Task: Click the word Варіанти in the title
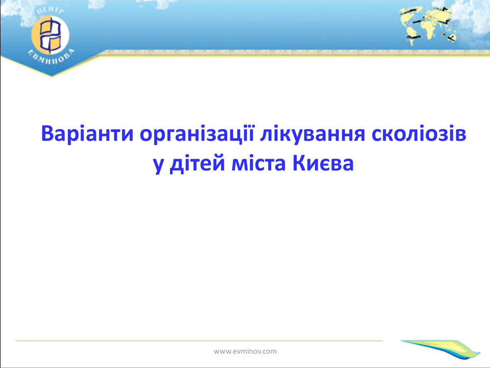[x=87, y=133]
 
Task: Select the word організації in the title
[x=196, y=134]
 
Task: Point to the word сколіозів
[x=419, y=133]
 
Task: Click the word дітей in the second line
[x=197, y=164]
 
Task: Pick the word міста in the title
[x=258, y=163]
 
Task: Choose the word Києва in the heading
[x=323, y=163]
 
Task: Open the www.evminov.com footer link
[x=245, y=351]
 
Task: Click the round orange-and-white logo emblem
[x=50, y=35]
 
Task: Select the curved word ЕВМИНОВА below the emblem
[x=51, y=58]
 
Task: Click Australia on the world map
[x=450, y=37]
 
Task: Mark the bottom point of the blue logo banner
[x=52, y=77]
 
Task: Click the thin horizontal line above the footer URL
[x=199, y=341]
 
